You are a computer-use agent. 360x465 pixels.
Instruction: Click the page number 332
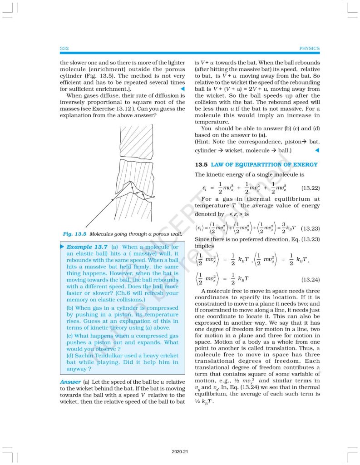[64, 48]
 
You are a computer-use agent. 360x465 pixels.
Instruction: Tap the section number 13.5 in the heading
[201, 164]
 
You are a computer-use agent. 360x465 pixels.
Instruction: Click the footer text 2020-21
[180, 452]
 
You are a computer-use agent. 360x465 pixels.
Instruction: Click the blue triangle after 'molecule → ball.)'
[317, 150]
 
